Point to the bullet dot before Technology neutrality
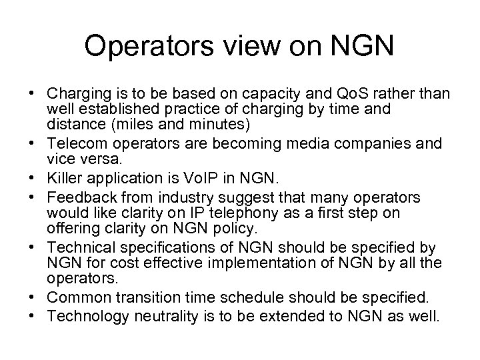[x=31, y=312]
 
